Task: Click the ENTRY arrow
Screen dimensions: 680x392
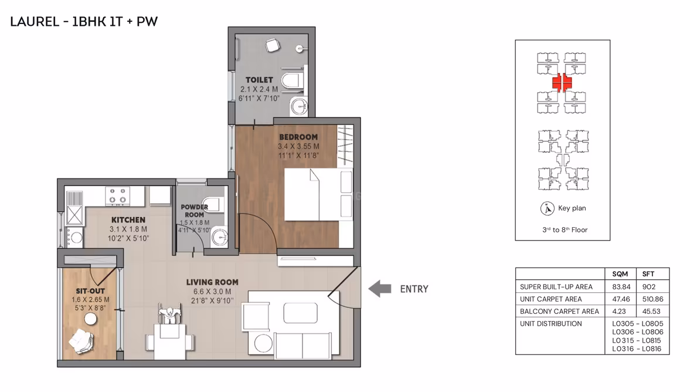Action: (x=380, y=289)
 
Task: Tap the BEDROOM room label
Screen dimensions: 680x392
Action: (x=298, y=137)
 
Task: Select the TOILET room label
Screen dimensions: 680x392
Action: (x=259, y=80)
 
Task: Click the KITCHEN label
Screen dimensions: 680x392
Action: (x=128, y=220)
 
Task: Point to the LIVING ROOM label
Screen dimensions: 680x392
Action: (x=212, y=282)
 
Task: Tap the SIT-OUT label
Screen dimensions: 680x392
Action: (x=90, y=291)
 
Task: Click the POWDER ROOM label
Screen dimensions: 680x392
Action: (x=194, y=211)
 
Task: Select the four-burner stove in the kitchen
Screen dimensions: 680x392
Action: (x=118, y=196)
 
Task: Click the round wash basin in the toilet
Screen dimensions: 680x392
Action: (x=299, y=106)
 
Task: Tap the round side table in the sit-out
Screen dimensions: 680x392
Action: (x=91, y=319)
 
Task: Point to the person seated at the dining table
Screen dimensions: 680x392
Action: (x=169, y=315)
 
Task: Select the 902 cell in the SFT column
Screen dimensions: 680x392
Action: (x=649, y=286)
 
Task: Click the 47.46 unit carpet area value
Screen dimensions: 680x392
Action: (x=620, y=299)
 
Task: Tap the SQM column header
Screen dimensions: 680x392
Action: (x=620, y=274)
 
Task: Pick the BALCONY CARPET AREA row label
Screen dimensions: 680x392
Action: (x=559, y=311)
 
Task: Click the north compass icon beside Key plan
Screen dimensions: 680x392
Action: (x=548, y=209)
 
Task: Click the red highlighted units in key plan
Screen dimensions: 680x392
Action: (x=562, y=82)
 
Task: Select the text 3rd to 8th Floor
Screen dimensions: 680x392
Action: (x=565, y=229)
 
